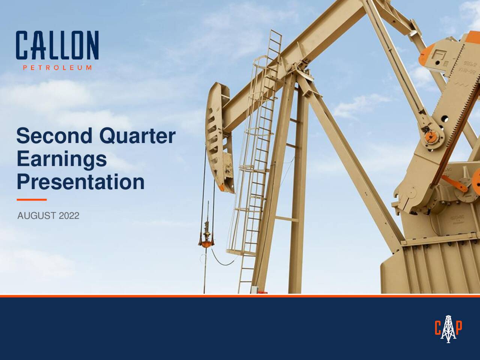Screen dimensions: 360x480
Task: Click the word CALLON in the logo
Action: (57, 45)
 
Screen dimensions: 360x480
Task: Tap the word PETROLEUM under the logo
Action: (57, 68)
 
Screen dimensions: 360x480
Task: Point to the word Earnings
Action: (62, 159)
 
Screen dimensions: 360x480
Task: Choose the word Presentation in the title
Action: (81, 182)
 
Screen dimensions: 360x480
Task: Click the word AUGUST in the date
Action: (37, 216)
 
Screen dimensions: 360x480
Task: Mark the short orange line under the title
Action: (31, 199)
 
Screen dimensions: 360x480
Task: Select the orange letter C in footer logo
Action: (438, 328)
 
